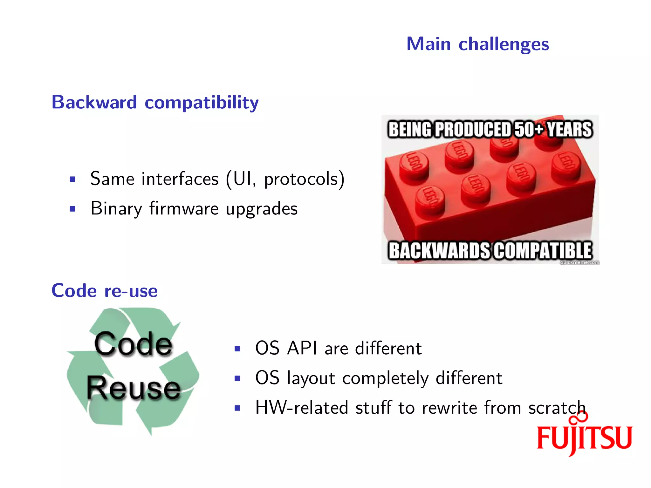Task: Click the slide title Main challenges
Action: pos(477,44)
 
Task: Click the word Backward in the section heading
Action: pos(94,102)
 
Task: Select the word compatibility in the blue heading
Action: pos(202,103)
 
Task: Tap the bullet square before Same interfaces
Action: pos(73,179)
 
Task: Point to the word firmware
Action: pos(184,209)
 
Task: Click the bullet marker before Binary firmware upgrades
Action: pos(73,209)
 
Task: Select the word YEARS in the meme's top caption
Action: pos(569,129)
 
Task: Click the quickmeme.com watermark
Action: pos(579,262)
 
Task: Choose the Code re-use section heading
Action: pos(105,291)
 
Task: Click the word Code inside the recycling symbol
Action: pos(133,344)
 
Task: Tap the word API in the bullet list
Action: pos(302,349)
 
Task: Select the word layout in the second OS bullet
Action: pos(311,378)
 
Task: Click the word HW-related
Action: pos(302,408)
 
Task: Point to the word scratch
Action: pos(557,408)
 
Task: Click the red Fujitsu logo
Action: pos(584,436)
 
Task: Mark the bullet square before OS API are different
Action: pos(237,349)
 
